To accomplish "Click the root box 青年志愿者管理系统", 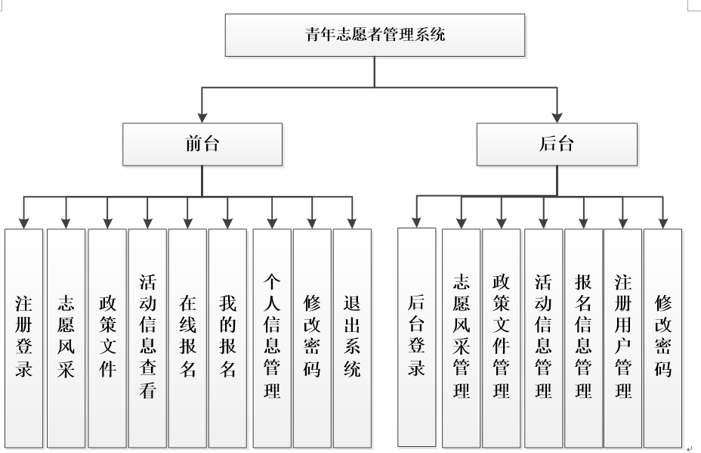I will [375, 35].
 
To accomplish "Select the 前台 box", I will [202, 144].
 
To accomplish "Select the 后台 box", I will [557, 144].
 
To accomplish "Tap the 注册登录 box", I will [23, 337].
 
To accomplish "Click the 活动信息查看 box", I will [147, 337].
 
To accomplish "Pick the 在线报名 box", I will [187, 337].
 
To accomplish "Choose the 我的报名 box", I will [227, 337].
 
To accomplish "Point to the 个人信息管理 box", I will [271, 337].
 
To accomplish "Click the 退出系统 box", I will [352, 337].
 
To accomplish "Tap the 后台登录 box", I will [417, 337].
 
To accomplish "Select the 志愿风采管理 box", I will [461, 337].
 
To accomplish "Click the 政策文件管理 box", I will [502, 337].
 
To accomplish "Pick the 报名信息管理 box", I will [582, 337].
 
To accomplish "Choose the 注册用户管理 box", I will [622, 337].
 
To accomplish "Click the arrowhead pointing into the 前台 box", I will [202, 117].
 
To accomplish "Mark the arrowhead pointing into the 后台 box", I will [557, 117].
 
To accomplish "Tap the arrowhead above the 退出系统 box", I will [352, 222].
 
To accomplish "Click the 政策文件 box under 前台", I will [107, 337].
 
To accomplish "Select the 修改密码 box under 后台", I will [662, 337].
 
